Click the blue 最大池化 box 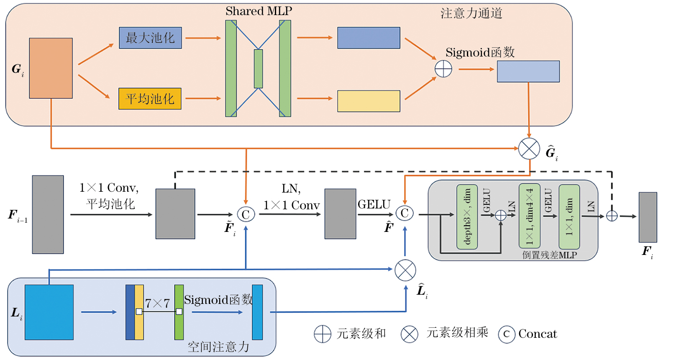pyautogui.click(x=150, y=38)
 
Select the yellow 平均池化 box pyautogui.click(x=150, y=99)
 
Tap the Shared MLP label pyautogui.click(x=259, y=11)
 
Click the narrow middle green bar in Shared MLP pyautogui.click(x=258, y=69)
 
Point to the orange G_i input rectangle pyautogui.click(x=51, y=68)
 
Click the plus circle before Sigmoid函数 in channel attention pyautogui.click(x=443, y=69)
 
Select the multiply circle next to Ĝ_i pyautogui.click(x=529, y=149)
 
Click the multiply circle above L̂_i pyautogui.click(x=405, y=270)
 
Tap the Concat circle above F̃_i pyautogui.click(x=246, y=214)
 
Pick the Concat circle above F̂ pyautogui.click(x=405, y=213)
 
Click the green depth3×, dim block pyautogui.click(x=467, y=217)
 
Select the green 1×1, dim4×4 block pyautogui.click(x=529, y=216)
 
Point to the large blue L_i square pyautogui.click(x=49, y=312)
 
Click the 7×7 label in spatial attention pyautogui.click(x=157, y=303)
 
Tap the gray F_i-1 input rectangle pyautogui.click(x=48, y=214)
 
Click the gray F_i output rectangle pyautogui.click(x=648, y=217)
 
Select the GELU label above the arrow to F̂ pyautogui.click(x=374, y=204)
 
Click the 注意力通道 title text pyautogui.click(x=471, y=13)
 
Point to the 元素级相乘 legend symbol pyautogui.click(x=409, y=334)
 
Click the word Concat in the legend pyautogui.click(x=538, y=334)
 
